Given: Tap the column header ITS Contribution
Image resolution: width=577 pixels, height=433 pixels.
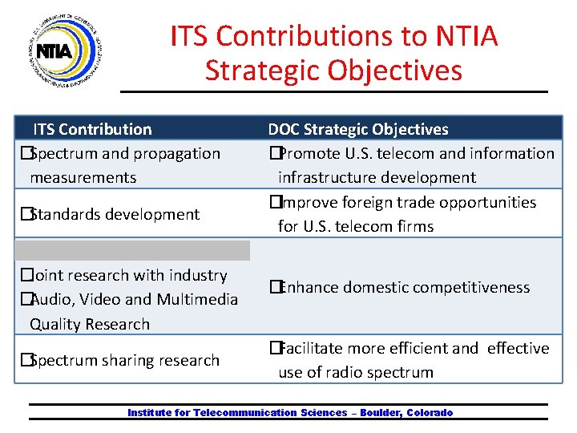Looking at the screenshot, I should pyautogui.click(x=91, y=129).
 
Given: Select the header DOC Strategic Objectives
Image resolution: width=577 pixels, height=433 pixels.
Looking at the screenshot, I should pyautogui.click(x=358, y=129).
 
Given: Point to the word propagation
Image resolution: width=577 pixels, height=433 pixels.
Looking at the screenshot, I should pyautogui.click(x=177, y=153).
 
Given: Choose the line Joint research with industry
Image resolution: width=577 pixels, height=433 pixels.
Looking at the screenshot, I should pyautogui.click(x=128, y=275).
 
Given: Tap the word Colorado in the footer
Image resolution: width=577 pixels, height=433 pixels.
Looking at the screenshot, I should pyautogui.click(x=430, y=413).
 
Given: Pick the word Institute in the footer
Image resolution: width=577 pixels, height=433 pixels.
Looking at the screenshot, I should pyautogui.click(x=148, y=413).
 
